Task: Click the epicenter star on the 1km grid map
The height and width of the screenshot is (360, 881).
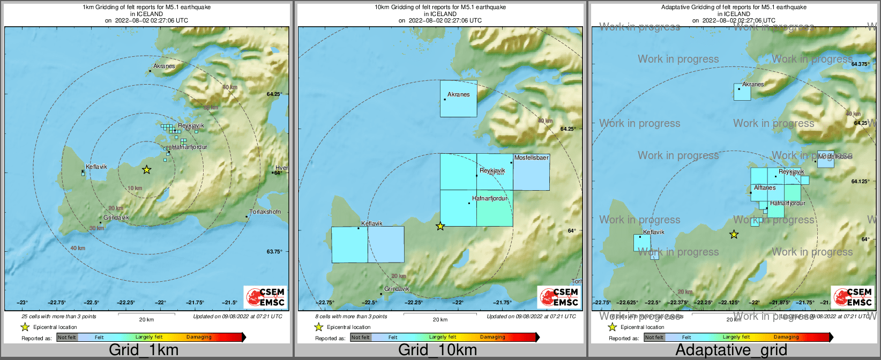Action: click(x=146, y=170)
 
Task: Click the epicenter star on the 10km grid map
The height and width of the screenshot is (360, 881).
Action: click(x=440, y=227)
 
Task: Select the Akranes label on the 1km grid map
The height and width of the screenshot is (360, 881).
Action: click(x=164, y=66)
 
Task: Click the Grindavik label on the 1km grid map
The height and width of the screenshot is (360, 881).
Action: click(x=116, y=218)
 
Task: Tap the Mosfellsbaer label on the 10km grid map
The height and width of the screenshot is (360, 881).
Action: click(x=531, y=158)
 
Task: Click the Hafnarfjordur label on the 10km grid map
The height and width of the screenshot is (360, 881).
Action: click(x=489, y=199)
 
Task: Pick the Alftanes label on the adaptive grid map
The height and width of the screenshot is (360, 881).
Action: click(x=765, y=188)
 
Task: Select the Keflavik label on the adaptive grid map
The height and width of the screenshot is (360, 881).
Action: click(x=653, y=232)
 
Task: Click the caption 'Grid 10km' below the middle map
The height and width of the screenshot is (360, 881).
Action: click(x=437, y=350)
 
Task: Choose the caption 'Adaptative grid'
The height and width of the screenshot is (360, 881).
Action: click(x=731, y=350)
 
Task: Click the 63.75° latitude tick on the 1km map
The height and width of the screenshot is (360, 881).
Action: click(x=274, y=252)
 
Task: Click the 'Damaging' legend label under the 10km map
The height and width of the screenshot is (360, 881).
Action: click(x=492, y=337)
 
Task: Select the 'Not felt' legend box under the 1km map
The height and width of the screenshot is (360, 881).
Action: click(x=67, y=337)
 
